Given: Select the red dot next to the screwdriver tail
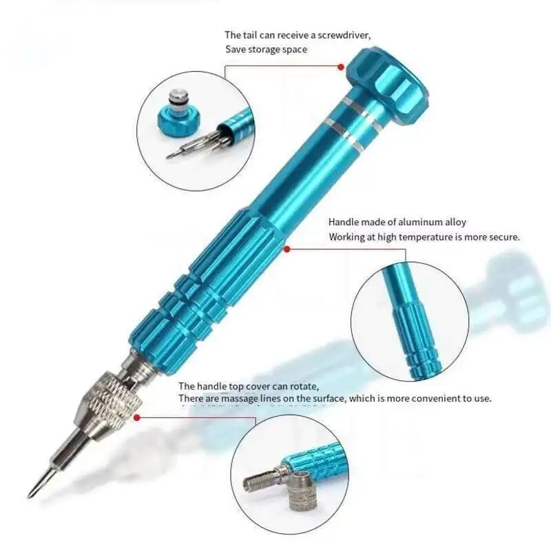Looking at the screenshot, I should click(x=340, y=67).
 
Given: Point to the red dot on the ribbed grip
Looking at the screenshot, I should click(x=287, y=249).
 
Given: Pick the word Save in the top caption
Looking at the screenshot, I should click(x=236, y=50).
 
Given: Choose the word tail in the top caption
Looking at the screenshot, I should click(x=251, y=34).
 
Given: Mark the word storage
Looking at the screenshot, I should click(x=266, y=50).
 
